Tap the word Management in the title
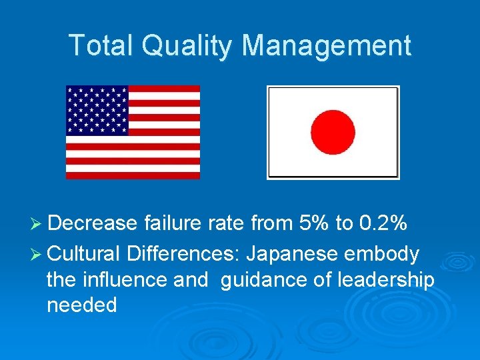click(x=326, y=45)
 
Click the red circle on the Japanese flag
click(x=333, y=132)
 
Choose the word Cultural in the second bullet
click(x=84, y=254)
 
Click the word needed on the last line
click(x=82, y=305)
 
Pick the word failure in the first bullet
click(x=171, y=223)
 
